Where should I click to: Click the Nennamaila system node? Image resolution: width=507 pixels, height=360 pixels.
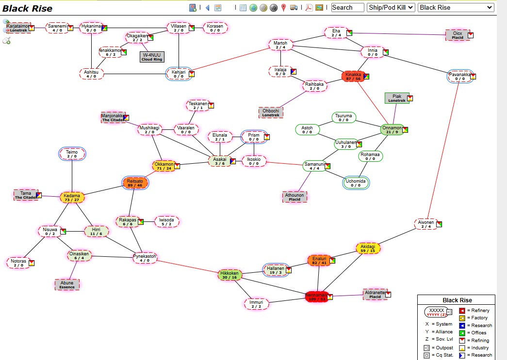click(x=316, y=297)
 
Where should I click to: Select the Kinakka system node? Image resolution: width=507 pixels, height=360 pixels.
click(x=353, y=76)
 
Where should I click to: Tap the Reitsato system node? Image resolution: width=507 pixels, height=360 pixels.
click(x=135, y=183)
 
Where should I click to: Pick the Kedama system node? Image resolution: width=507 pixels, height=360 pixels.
click(x=72, y=197)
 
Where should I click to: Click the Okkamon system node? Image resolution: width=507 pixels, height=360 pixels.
click(x=164, y=166)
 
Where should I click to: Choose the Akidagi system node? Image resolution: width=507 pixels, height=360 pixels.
click(x=368, y=248)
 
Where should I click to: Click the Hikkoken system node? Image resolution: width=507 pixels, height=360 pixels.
click(x=229, y=275)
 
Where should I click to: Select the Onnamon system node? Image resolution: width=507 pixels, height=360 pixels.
click(x=392, y=129)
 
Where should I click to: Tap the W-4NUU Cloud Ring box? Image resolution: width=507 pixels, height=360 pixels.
click(x=152, y=57)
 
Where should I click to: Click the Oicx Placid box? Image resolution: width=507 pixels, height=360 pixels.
click(x=458, y=35)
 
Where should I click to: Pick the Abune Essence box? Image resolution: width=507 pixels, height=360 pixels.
click(x=67, y=284)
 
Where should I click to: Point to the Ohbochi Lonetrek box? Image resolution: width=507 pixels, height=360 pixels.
click(x=271, y=112)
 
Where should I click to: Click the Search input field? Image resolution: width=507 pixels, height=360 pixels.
click(x=347, y=7)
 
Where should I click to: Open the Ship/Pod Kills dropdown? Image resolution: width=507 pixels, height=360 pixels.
click(x=391, y=7)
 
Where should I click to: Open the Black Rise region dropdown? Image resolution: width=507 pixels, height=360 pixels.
click(x=456, y=7)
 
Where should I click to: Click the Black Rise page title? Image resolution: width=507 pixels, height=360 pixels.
click(x=28, y=8)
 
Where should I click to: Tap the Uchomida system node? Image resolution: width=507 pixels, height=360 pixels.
click(x=356, y=183)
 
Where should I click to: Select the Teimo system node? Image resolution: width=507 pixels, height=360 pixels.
click(x=72, y=154)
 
